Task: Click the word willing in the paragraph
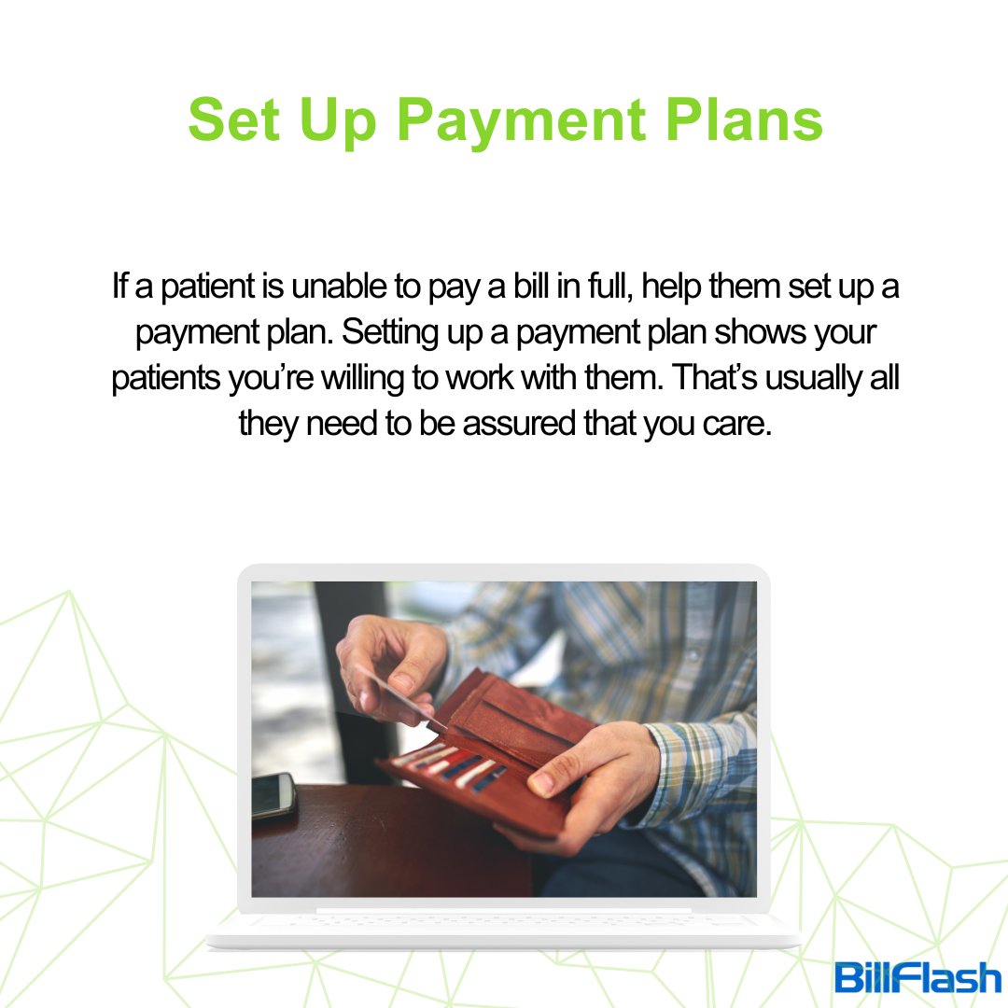click(x=419, y=378)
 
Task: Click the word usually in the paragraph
click(x=811, y=378)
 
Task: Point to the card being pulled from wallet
click(x=397, y=694)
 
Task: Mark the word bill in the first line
click(x=533, y=287)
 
